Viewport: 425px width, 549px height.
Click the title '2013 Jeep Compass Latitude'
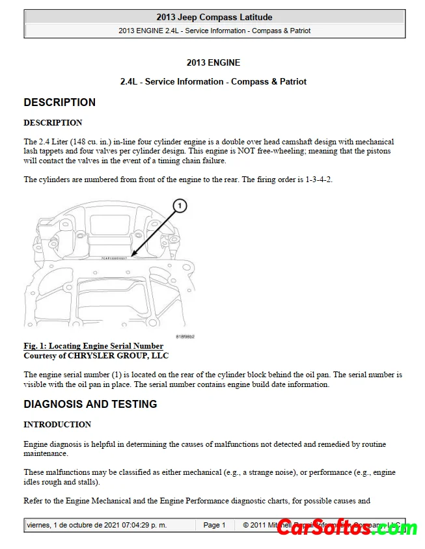pos(214,17)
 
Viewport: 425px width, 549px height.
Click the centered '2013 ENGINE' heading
pos(213,63)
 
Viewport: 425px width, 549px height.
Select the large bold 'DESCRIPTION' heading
pos(59,102)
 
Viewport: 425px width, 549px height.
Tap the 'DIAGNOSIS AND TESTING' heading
pos(90,404)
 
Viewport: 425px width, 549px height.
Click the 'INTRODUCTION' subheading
pos(57,425)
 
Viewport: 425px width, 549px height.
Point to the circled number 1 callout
pos(179,206)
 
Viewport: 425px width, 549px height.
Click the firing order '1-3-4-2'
pos(319,180)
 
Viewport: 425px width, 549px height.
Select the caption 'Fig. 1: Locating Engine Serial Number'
pos(94,346)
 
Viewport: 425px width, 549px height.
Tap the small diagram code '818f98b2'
pos(185,336)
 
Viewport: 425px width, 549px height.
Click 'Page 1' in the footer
pos(214,525)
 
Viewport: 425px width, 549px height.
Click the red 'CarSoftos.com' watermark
pos(347,528)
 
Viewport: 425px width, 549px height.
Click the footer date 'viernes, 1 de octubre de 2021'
pos(70,525)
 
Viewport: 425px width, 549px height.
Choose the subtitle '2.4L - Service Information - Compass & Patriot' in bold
pos(213,81)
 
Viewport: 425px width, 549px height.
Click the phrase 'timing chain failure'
pos(193,161)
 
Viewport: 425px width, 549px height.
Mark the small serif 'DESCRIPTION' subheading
pos(53,123)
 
